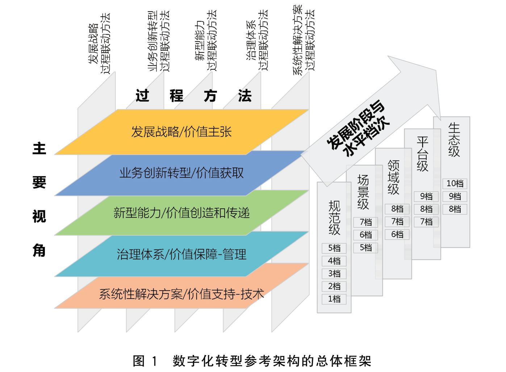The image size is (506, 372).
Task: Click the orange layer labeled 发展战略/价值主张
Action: tap(181, 132)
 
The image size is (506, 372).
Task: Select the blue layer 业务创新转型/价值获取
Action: tap(181, 173)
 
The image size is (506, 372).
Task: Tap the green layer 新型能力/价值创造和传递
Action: tap(181, 213)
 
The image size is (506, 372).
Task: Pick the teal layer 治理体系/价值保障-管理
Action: tap(181, 254)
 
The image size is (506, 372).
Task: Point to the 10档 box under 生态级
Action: tap(455, 184)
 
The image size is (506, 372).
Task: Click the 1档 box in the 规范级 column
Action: tap(334, 299)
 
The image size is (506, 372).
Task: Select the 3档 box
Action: tap(334, 274)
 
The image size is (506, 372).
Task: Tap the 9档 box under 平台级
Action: tap(426, 197)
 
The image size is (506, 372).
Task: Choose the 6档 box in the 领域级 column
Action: tap(397, 235)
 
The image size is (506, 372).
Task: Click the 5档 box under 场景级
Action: tap(365, 248)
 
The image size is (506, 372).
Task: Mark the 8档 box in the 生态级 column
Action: tap(455, 209)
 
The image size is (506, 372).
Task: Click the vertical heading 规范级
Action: tap(334, 218)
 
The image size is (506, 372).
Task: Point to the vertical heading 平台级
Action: tap(422, 154)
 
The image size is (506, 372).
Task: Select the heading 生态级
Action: tap(454, 140)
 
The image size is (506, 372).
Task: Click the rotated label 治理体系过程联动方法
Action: tap(257, 40)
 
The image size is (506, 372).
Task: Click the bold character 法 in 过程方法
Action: tap(245, 95)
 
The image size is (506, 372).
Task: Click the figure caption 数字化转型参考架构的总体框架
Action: tap(272, 361)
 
